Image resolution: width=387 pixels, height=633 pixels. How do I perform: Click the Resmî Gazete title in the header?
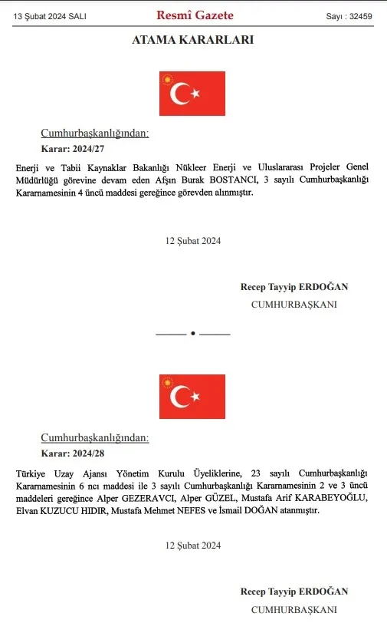click(x=195, y=15)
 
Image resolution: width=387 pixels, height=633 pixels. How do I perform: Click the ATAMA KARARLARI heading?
click(x=193, y=40)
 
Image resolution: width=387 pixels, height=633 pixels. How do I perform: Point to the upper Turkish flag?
click(x=192, y=94)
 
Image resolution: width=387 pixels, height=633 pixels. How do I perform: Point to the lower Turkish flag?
click(x=192, y=397)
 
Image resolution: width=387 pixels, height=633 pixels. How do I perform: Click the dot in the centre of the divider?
click(x=193, y=334)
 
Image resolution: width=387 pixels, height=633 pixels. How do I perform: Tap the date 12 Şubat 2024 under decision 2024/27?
click(x=193, y=241)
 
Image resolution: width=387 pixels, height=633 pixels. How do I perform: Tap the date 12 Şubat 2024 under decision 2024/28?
click(x=193, y=546)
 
